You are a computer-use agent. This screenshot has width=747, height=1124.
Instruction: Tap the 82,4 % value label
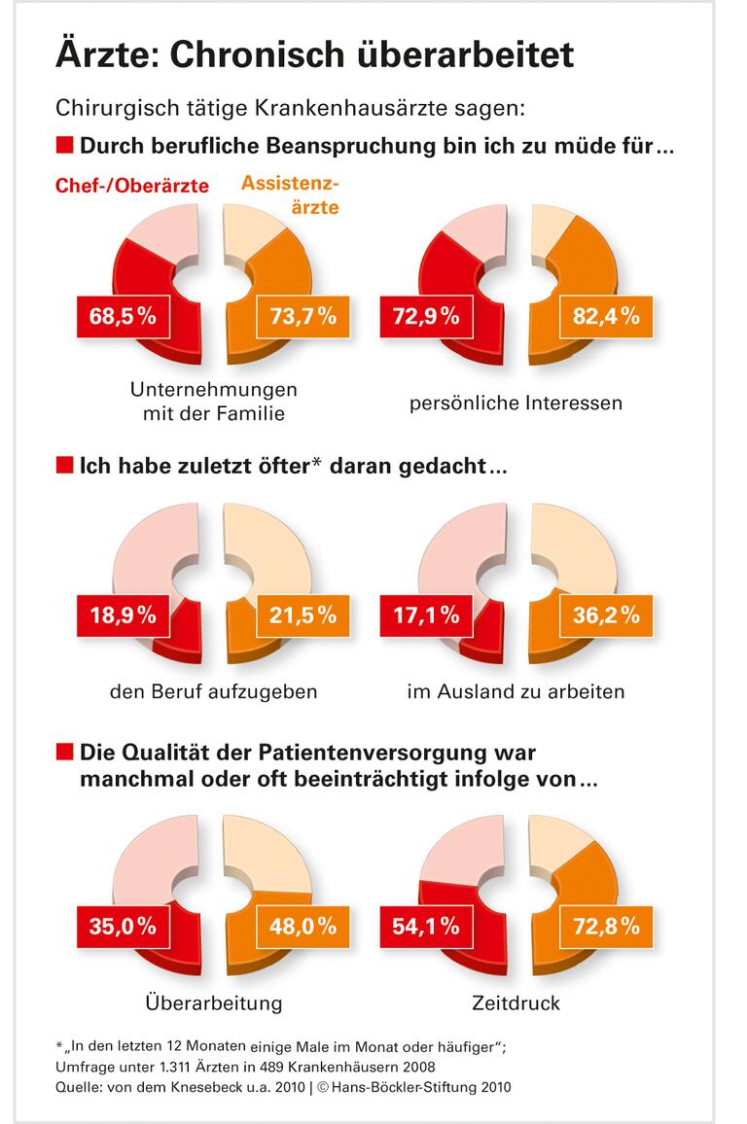605,316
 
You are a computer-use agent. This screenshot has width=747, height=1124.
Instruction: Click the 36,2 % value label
605,615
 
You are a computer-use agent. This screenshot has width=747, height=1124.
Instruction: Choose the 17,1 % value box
426,615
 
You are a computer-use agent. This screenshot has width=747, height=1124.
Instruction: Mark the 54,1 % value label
426,927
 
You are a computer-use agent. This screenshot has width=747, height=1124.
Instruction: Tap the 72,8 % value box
605,927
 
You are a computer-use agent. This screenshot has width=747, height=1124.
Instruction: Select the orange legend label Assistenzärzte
289,194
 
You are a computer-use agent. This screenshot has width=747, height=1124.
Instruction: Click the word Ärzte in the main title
107,55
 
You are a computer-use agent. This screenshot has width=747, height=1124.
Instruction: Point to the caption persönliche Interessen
516,402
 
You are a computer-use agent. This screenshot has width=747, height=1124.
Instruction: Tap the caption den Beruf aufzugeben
214,692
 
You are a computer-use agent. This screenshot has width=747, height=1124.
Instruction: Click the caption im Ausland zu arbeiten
516,692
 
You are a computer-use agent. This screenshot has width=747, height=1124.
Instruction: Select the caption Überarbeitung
213,1002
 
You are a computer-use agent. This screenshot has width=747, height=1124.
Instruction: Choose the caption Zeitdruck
516,1002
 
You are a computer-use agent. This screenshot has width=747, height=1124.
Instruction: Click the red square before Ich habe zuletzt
65,466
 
